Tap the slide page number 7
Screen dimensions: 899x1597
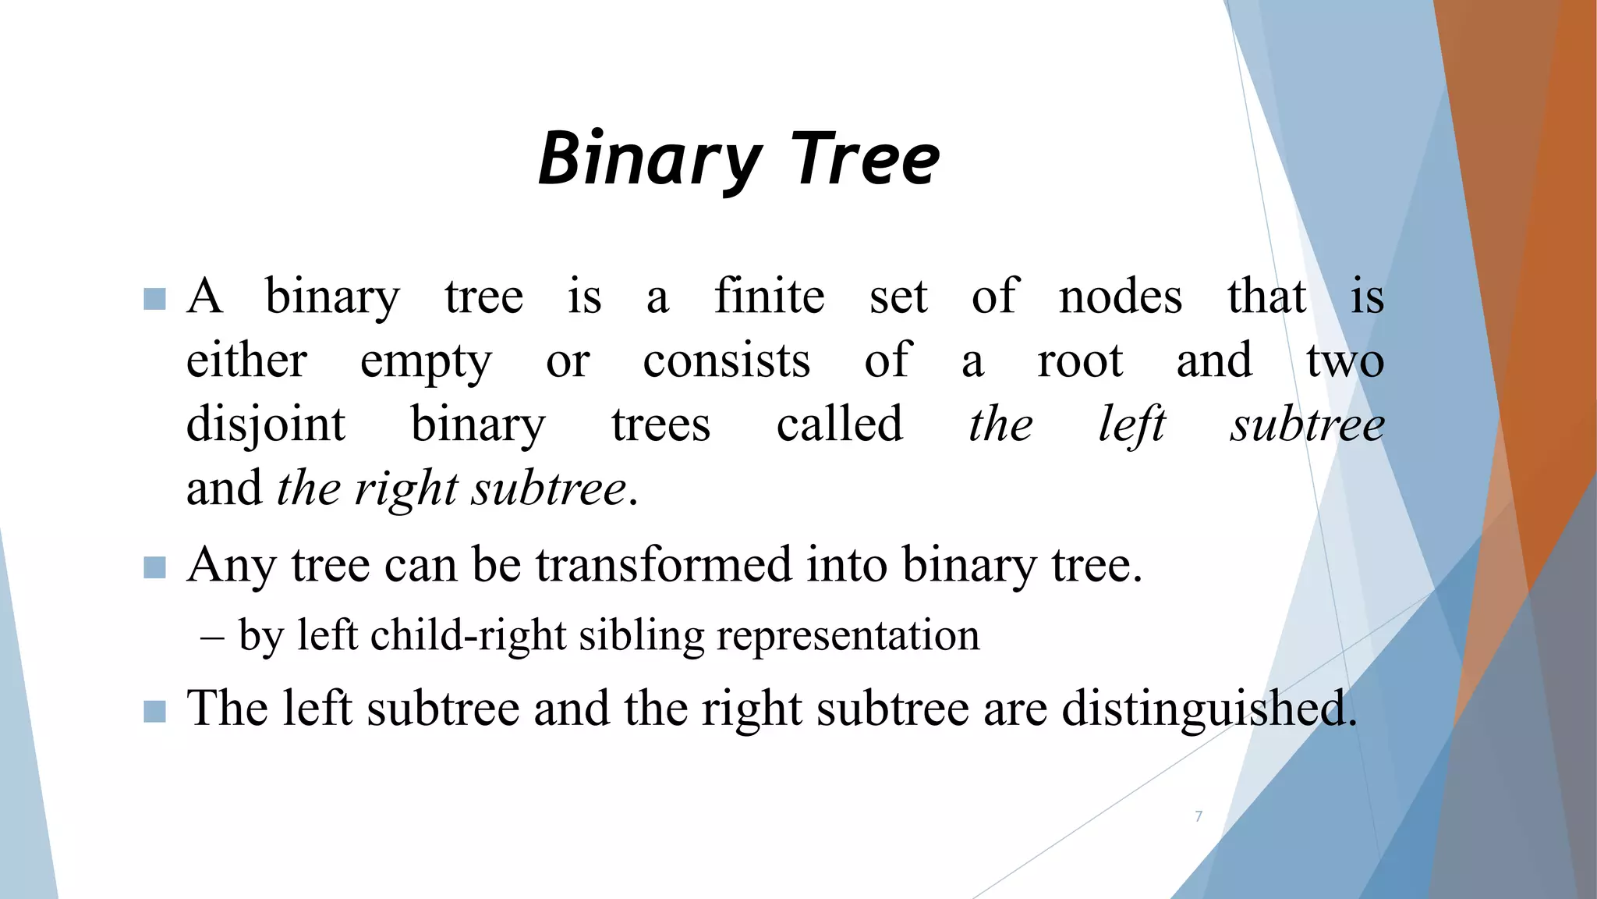pos(1199,816)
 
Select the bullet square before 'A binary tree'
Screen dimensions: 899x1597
pos(155,299)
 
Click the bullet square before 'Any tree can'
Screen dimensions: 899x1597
pos(155,567)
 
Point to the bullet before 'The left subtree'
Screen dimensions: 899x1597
pos(155,711)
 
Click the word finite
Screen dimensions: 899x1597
pos(769,297)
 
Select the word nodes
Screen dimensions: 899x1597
pos(1120,297)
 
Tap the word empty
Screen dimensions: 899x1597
pos(426,362)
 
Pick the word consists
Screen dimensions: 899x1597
pos(727,361)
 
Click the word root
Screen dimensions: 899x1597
pos(1080,361)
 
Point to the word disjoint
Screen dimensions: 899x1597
pos(265,425)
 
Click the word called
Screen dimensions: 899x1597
pos(839,425)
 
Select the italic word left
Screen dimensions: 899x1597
pos(1132,425)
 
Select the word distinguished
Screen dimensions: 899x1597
pos(1209,709)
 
